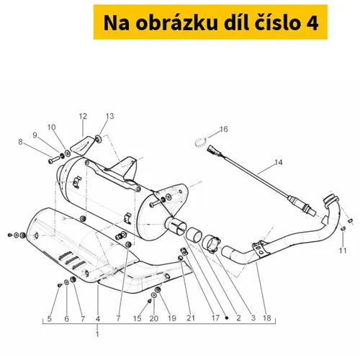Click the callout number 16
(x=223, y=130)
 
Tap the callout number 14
(x=279, y=163)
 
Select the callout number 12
(x=83, y=117)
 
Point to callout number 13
(x=109, y=116)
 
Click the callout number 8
(x=20, y=142)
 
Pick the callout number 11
(x=343, y=251)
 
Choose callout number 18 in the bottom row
(x=267, y=318)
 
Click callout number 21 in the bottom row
(x=191, y=318)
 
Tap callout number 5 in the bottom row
(x=50, y=319)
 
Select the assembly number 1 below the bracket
(x=97, y=334)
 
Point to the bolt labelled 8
(x=54, y=161)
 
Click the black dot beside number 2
(x=227, y=318)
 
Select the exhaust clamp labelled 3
(x=211, y=244)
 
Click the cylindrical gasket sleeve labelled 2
(x=194, y=234)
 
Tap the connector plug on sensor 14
(x=213, y=148)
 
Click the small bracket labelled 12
(x=82, y=145)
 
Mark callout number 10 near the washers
(x=51, y=127)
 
